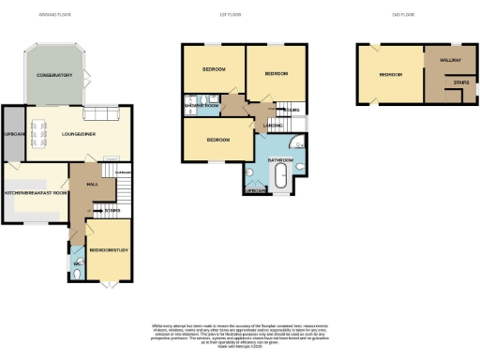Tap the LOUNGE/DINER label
tap(81, 133)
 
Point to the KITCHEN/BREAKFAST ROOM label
tap(35, 192)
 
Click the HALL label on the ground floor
tap(93, 186)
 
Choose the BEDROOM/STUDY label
tap(108, 250)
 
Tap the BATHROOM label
tap(281, 160)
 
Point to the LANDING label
tap(273, 124)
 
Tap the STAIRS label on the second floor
tap(460, 82)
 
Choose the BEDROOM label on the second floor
tap(390, 74)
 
